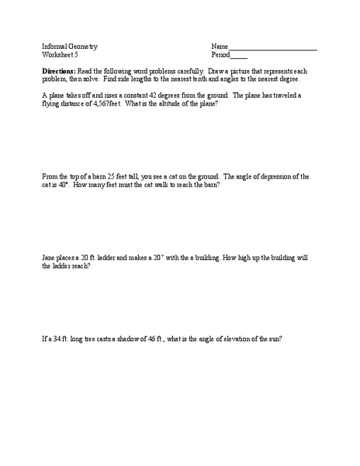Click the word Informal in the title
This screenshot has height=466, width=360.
pyautogui.click(x=55, y=46)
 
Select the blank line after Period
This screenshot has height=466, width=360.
pyautogui.click(x=239, y=56)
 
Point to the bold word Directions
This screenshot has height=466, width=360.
pyautogui.click(x=59, y=71)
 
